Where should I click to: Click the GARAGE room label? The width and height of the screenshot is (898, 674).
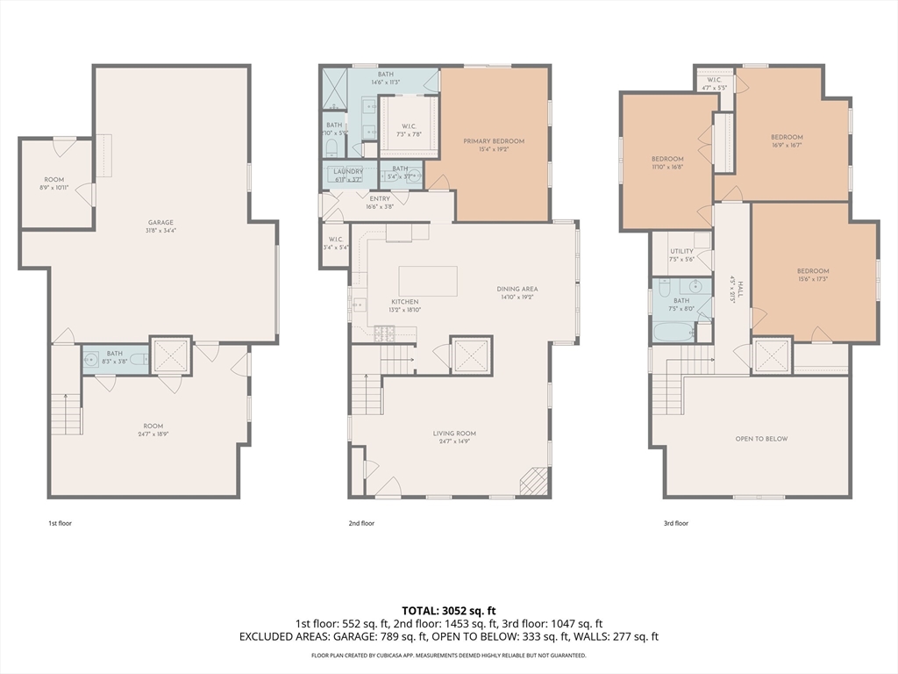[x=160, y=223]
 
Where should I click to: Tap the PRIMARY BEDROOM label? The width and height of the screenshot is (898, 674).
[x=494, y=141]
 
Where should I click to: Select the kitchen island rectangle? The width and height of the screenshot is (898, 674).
[x=428, y=281]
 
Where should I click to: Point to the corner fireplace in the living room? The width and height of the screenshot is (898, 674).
[x=533, y=482]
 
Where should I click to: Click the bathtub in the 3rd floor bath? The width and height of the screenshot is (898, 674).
[x=672, y=333]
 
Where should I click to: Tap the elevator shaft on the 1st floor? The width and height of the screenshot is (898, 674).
[x=171, y=355]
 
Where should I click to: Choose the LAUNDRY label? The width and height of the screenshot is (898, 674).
[x=348, y=171]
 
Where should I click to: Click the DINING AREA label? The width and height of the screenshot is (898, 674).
[x=517, y=289]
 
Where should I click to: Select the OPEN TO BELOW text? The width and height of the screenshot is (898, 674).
[x=761, y=439]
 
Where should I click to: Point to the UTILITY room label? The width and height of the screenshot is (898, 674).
[x=681, y=252]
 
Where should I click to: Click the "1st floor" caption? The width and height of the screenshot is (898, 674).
[x=60, y=523]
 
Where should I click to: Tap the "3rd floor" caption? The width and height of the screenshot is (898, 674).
[x=675, y=523]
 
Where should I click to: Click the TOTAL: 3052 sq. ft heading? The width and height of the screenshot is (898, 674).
[x=449, y=610]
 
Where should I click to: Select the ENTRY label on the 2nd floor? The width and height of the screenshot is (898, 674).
[x=380, y=199]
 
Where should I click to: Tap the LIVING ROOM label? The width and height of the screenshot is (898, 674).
[x=454, y=434]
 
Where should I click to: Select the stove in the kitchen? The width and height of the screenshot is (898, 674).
[x=384, y=333]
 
